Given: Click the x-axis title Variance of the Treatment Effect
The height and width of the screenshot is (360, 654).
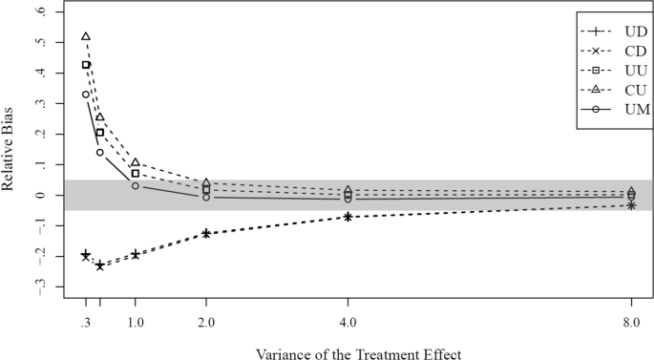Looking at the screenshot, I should click(x=358, y=353).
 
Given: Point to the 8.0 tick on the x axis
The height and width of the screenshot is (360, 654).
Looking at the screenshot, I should click(x=631, y=323).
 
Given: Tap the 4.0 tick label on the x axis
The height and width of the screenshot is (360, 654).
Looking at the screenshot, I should click(x=348, y=323).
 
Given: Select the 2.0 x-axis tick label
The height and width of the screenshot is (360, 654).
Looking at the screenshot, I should click(x=206, y=323).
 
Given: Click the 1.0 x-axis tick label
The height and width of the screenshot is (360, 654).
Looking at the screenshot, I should click(x=136, y=323).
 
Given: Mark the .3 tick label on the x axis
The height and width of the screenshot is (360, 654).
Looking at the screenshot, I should click(x=86, y=323).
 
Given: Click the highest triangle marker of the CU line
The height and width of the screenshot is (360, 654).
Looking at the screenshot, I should click(x=86, y=36).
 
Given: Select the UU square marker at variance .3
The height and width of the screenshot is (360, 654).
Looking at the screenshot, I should click(x=86, y=65).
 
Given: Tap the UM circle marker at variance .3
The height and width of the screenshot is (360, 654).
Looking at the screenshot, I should click(x=86, y=95).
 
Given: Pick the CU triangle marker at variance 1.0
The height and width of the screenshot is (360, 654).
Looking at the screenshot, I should click(x=136, y=162).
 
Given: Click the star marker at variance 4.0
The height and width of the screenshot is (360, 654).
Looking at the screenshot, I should click(x=348, y=217).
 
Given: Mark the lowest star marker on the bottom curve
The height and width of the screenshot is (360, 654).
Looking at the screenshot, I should click(x=100, y=265).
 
